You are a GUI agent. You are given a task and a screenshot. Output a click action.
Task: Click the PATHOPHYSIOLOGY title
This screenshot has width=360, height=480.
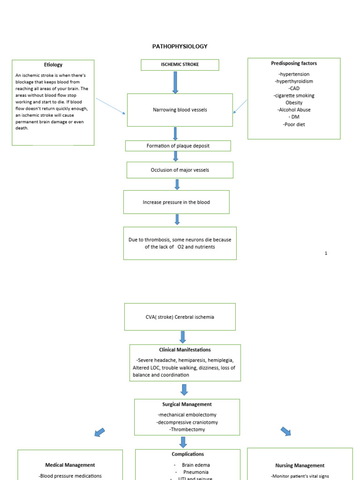point(180,46)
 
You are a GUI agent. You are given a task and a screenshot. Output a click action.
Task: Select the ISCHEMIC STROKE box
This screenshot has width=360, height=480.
point(180,65)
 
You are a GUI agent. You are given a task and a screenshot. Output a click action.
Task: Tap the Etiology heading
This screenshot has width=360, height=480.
point(53,65)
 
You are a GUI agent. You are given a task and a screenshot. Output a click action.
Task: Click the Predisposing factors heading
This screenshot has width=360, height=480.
point(294,63)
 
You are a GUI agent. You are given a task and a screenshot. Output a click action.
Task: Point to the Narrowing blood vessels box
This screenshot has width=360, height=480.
point(180,110)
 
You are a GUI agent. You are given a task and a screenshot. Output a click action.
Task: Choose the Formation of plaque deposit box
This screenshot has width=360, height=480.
point(178,146)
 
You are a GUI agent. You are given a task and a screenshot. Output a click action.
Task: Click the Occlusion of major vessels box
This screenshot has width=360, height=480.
point(180,170)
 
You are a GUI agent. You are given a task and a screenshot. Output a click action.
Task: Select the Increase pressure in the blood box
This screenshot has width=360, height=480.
point(176,202)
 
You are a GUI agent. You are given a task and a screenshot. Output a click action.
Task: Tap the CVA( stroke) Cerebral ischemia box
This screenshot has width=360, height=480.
point(180,317)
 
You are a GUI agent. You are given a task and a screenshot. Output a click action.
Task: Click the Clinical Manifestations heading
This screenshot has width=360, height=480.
point(185,350)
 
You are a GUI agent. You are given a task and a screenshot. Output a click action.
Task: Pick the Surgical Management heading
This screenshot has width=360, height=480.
point(187,404)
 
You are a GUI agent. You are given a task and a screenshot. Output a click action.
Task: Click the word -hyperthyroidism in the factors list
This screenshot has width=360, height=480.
point(294,81)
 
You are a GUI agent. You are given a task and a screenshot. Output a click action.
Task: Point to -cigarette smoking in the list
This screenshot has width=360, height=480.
point(294,96)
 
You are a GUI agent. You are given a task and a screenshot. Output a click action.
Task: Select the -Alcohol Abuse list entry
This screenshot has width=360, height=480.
point(294,110)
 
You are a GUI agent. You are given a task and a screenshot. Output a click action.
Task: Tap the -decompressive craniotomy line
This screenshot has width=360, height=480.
point(187,422)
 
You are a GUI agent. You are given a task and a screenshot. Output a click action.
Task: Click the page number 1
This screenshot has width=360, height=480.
point(326,253)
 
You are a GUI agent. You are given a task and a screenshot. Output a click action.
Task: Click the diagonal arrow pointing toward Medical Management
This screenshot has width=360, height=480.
point(99,432)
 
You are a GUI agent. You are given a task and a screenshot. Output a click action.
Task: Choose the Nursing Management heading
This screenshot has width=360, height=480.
point(300,465)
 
